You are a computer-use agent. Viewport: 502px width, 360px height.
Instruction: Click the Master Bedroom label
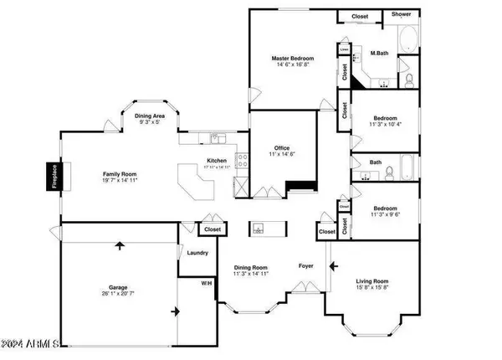291,59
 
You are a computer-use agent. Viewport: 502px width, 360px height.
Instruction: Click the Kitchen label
218,161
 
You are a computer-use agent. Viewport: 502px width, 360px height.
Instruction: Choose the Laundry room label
197,252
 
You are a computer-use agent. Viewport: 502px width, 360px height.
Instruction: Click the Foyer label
307,266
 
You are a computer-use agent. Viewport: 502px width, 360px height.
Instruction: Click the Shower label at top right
398,15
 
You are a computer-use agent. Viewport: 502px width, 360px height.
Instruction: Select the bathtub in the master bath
409,40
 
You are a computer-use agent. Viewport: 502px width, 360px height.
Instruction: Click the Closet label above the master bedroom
360,15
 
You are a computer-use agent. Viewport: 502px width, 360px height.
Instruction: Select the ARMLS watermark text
32,343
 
